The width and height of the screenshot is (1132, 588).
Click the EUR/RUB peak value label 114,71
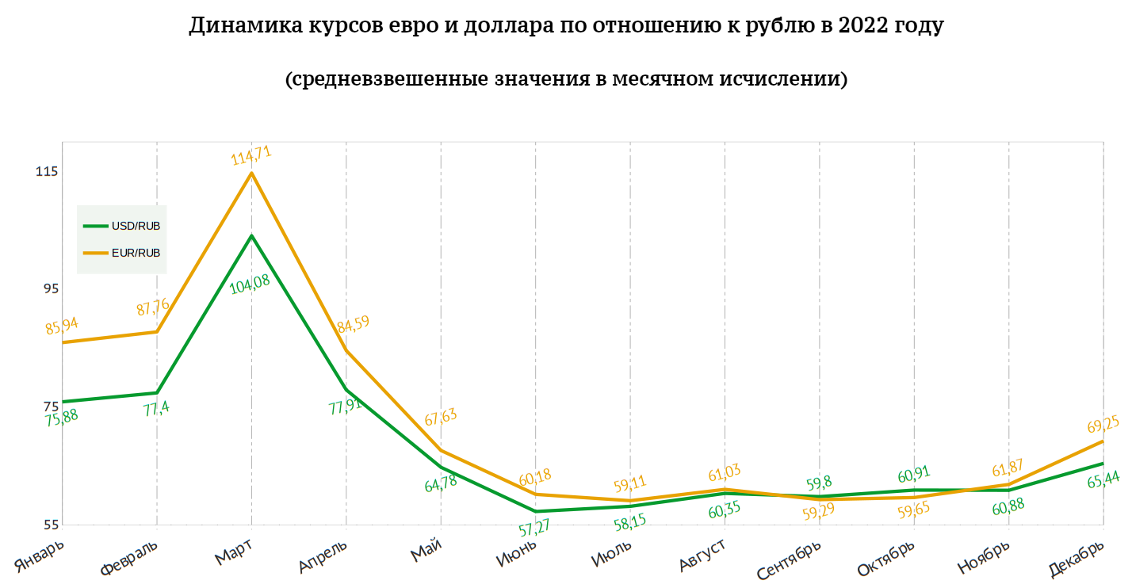(x=250, y=154)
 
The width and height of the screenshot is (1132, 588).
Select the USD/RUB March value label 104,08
(x=249, y=284)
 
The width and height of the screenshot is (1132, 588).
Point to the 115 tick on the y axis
(x=47, y=172)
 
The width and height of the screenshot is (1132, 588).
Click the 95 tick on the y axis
(x=50, y=289)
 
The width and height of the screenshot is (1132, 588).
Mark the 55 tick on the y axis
(x=50, y=525)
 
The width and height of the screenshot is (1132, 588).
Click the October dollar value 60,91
(x=913, y=476)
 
